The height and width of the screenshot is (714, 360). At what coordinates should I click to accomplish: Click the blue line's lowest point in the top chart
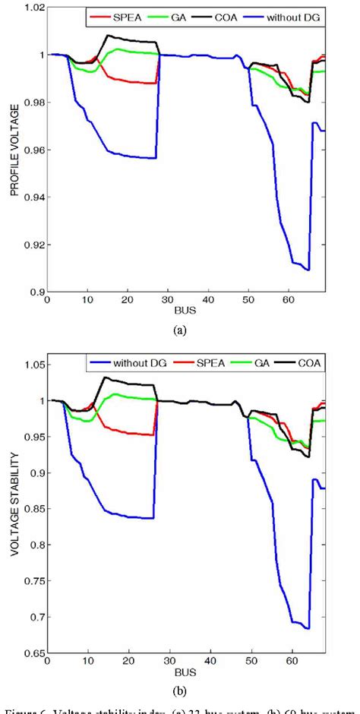(x=308, y=270)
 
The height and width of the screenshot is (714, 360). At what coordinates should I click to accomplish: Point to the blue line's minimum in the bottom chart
(x=308, y=628)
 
